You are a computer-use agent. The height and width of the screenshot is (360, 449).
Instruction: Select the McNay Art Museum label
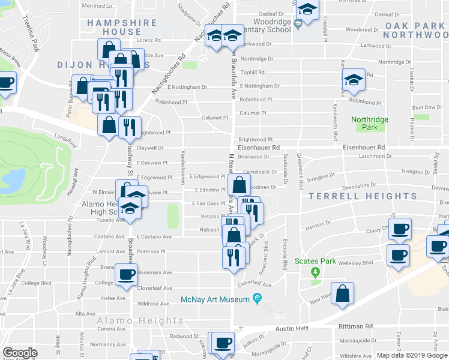[x=215, y=299]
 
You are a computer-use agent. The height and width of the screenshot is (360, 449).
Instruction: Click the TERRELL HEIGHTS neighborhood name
[x=363, y=196]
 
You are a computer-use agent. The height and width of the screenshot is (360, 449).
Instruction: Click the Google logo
[x=20, y=353]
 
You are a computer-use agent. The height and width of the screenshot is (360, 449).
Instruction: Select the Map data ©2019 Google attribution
[x=412, y=355]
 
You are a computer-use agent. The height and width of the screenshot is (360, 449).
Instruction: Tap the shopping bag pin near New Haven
[x=342, y=294]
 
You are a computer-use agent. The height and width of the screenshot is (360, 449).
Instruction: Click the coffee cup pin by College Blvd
[x=126, y=275]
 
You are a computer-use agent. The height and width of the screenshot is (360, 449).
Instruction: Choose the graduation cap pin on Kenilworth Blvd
[x=354, y=80]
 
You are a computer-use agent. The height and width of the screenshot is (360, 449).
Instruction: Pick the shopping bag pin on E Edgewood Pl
[x=238, y=185]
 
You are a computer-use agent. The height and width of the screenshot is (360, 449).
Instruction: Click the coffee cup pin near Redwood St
[x=223, y=343]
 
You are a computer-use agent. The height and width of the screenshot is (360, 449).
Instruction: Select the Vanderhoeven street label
[x=181, y=167]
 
